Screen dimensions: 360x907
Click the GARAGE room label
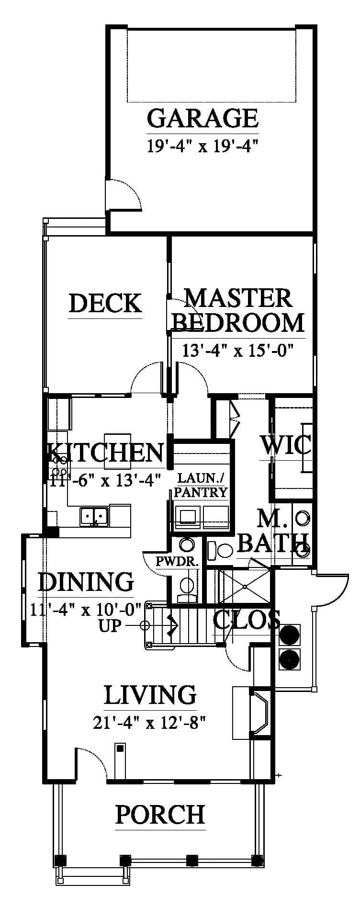click(202, 118)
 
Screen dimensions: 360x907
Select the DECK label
click(105, 303)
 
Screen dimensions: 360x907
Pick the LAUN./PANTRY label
click(201, 485)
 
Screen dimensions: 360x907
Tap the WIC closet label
click(285, 445)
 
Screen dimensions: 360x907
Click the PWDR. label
click(177, 561)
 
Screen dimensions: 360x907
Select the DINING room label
click(86, 581)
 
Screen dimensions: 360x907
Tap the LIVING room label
click(150, 695)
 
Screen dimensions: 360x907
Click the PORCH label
click(160, 814)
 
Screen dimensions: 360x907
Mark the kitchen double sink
click(94, 516)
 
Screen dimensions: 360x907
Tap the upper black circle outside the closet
click(289, 635)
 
